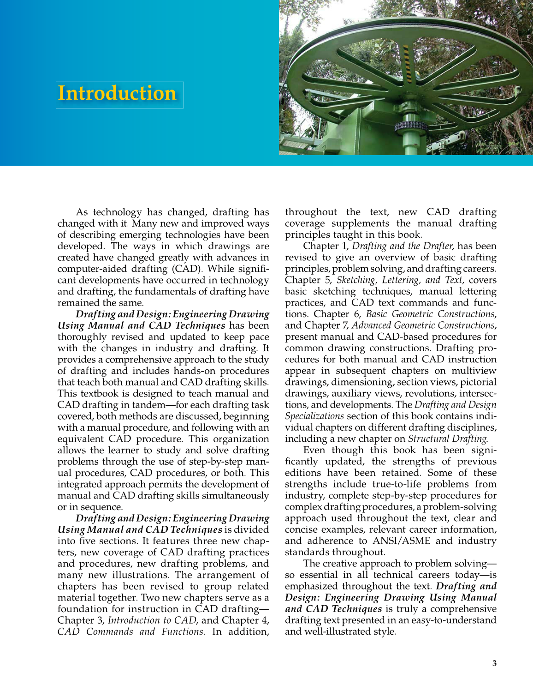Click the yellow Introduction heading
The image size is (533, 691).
tap(117, 93)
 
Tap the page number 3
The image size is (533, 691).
tap(494, 663)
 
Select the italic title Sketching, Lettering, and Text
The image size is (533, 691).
tap(399, 280)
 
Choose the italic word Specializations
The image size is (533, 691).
tap(314, 416)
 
